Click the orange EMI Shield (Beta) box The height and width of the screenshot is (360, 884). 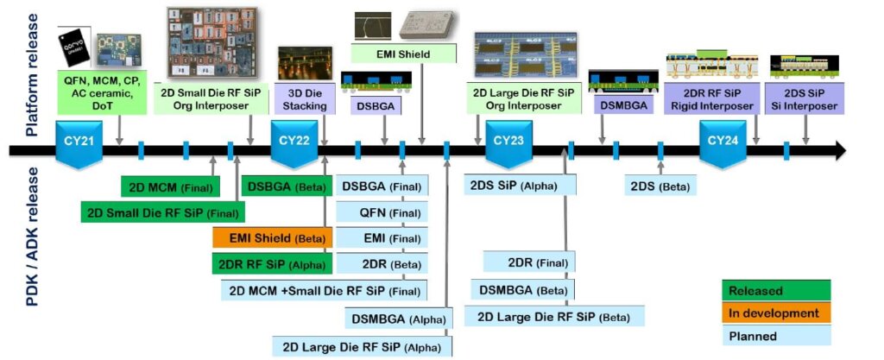[272, 238]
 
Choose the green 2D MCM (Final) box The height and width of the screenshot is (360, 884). [170, 187]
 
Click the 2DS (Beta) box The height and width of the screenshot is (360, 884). [660, 185]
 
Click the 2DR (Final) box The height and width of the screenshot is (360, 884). [528, 262]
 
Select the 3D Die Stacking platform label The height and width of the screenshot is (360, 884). [305, 99]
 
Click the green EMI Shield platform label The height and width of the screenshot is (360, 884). [403, 54]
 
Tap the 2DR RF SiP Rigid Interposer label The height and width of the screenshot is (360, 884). [712, 99]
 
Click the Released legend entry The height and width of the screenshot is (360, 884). [775, 291]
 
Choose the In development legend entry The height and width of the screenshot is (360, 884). [775, 313]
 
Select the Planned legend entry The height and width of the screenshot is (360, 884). [775, 336]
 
